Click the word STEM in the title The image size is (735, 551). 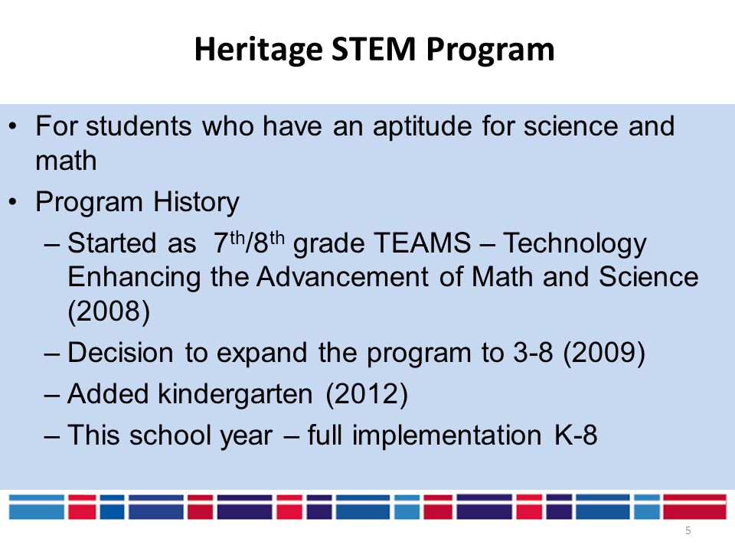[374, 49]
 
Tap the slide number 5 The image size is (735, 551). [688, 530]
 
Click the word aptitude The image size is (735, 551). [422, 127]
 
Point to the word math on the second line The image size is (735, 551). [66, 161]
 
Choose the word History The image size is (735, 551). [196, 203]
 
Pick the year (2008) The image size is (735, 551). [109, 311]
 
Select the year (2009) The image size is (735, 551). [604, 352]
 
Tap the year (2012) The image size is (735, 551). [367, 393]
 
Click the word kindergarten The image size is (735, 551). [235, 395]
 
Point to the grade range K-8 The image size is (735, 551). [576, 435]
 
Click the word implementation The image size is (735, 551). [446, 436]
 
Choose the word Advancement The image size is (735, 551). [342, 277]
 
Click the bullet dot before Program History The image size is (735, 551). [13, 202]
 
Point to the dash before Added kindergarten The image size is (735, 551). [52, 396]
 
